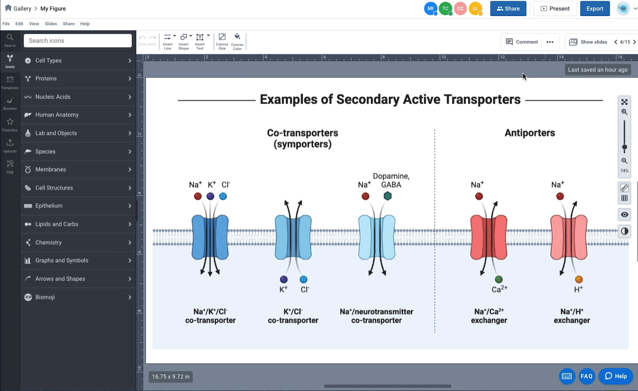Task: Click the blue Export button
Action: click(595, 9)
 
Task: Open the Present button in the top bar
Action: click(555, 9)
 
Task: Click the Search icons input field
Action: click(78, 41)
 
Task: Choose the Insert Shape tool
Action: click(184, 42)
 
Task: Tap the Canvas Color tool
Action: click(237, 42)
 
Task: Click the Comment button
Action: click(522, 42)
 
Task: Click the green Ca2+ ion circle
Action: click(498, 279)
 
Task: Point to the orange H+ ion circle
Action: click(578, 279)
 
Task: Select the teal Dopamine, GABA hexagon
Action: click(388, 196)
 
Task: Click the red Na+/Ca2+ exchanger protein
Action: click(488, 237)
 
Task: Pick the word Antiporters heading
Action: click(530, 133)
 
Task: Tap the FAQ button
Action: click(587, 376)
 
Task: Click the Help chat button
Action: click(616, 376)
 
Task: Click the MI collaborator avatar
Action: click(431, 9)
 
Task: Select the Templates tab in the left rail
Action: click(10, 83)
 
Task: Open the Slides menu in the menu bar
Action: click(50, 24)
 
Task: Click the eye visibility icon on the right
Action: click(624, 214)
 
